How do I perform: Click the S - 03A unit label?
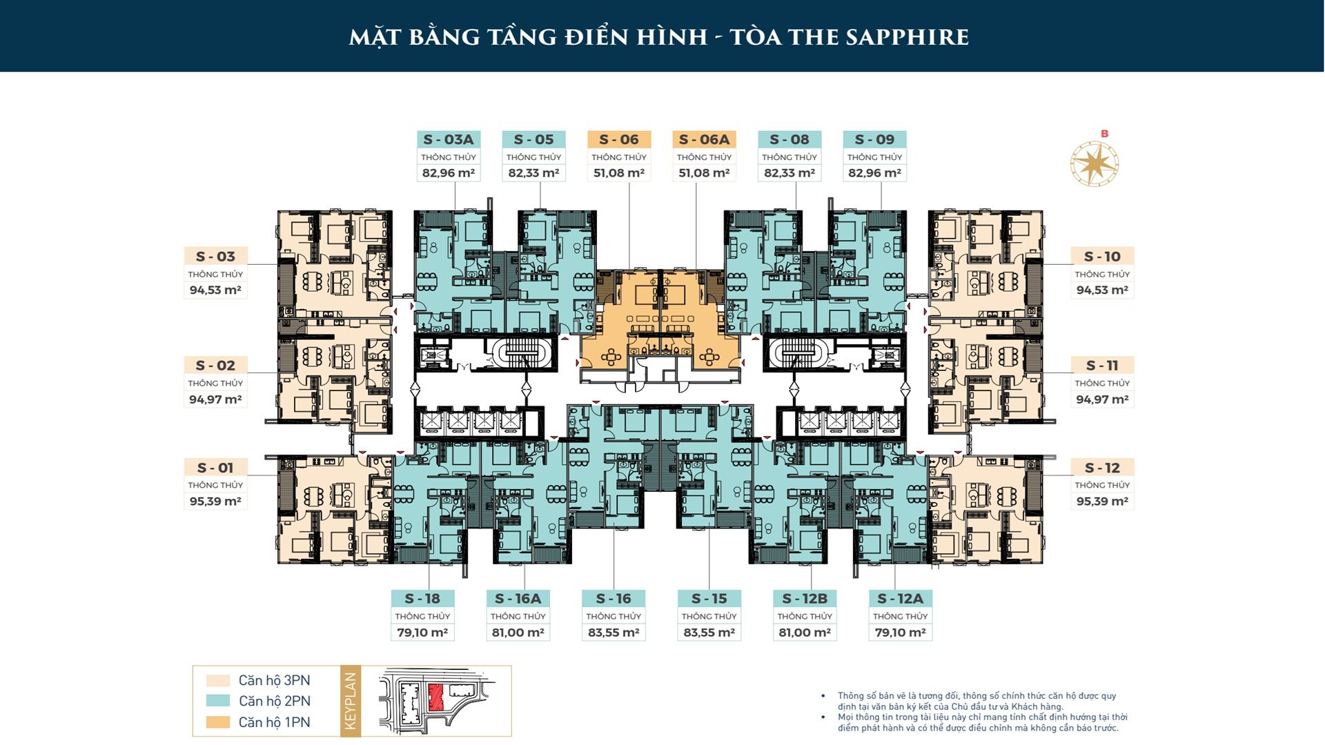tap(449, 139)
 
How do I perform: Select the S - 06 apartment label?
tap(619, 139)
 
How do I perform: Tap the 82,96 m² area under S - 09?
tap(874, 172)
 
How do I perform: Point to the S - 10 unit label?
tap(1102, 257)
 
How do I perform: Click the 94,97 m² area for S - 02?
tap(215, 399)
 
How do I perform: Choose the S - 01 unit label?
tap(215, 468)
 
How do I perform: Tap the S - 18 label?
tap(422, 599)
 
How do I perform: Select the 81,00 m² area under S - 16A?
tap(518, 633)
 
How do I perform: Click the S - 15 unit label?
tap(709, 599)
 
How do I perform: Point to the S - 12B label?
tap(805, 599)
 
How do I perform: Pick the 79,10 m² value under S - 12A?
tap(901, 633)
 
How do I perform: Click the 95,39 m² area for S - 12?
tap(1102, 501)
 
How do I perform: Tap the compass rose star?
tap(1095, 163)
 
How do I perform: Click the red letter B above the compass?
tap(1105, 134)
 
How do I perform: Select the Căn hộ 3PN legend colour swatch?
tap(218, 681)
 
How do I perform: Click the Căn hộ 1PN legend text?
tap(275, 722)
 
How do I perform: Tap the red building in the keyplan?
tap(435, 698)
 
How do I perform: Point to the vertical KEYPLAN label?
tap(351, 701)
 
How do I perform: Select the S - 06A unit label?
tap(705, 139)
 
